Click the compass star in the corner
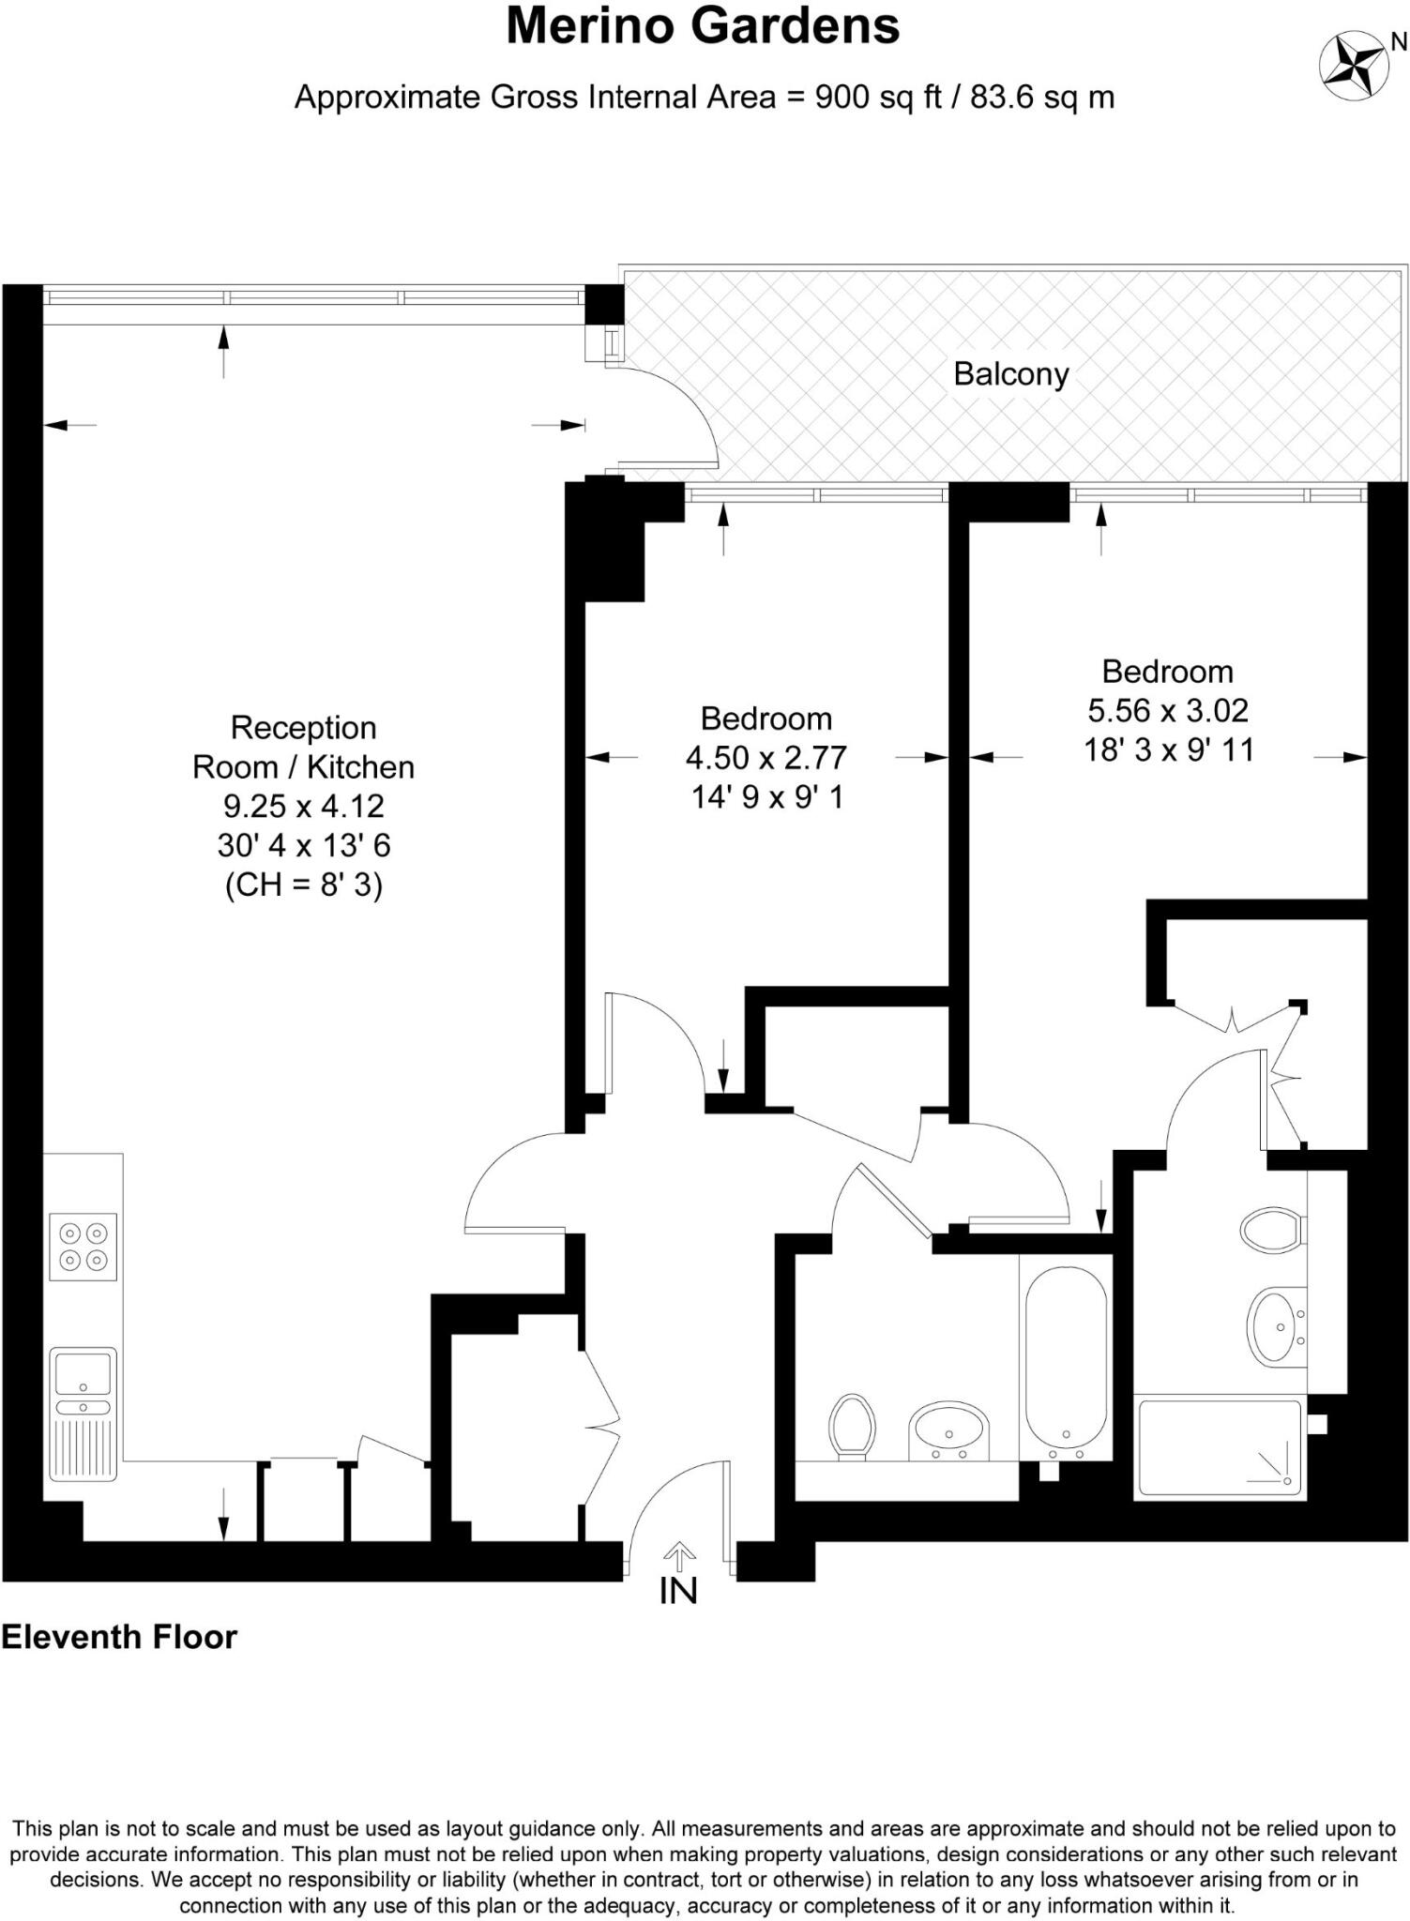[1353, 67]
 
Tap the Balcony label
[1010, 374]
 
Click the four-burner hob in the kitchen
[83, 1247]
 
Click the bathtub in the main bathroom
[1065, 1356]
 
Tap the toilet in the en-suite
[1271, 1229]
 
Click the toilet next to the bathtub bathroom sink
[852, 1426]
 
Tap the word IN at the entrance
[678, 1592]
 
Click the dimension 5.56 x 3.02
[1167, 711]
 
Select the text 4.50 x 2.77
[766, 758]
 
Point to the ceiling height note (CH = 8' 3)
[303, 885]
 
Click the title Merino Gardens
[703, 26]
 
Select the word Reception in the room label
[303, 728]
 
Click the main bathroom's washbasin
[948, 1433]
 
